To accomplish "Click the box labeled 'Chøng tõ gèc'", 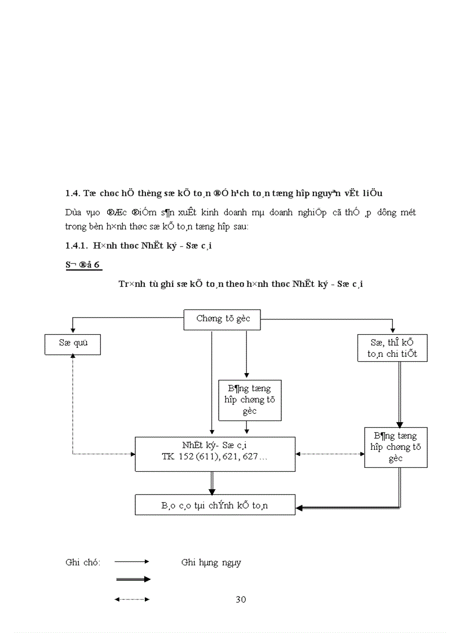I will (x=223, y=319).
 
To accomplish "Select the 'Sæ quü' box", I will (x=72, y=344).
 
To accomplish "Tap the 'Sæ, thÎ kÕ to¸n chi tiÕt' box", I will (x=392, y=348).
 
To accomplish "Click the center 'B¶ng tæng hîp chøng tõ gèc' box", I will (x=249, y=400).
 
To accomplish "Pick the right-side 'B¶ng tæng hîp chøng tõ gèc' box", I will (x=395, y=447).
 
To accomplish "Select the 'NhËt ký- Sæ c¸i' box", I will (x=215, y=453).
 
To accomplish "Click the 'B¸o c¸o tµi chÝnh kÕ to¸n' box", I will (x=215, y=504).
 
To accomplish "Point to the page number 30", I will (x=241, y=599).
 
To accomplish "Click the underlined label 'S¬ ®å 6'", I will (x=83, y=265).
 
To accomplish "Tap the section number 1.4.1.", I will (x=76, y=246).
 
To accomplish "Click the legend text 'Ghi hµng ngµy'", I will (x=211, y=562).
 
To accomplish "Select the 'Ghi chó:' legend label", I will (x=83, y=562).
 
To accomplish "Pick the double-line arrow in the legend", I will (x=132, y=579).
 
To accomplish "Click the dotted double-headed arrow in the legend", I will (x=132, y=599).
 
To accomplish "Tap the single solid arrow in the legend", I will (x=132, y=561).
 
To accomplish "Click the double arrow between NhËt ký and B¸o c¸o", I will (x=212, y=483).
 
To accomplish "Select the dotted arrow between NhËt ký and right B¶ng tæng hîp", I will (x=330, y=454).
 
